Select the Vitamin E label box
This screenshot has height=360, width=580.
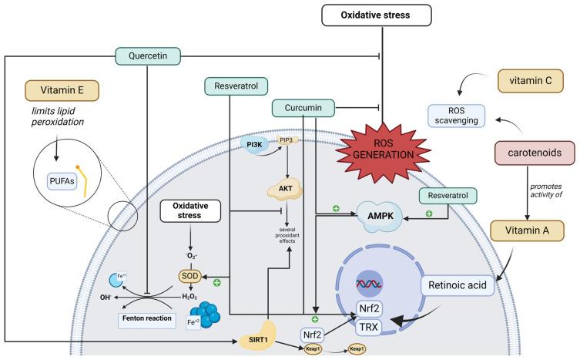[x=59, y=89]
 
